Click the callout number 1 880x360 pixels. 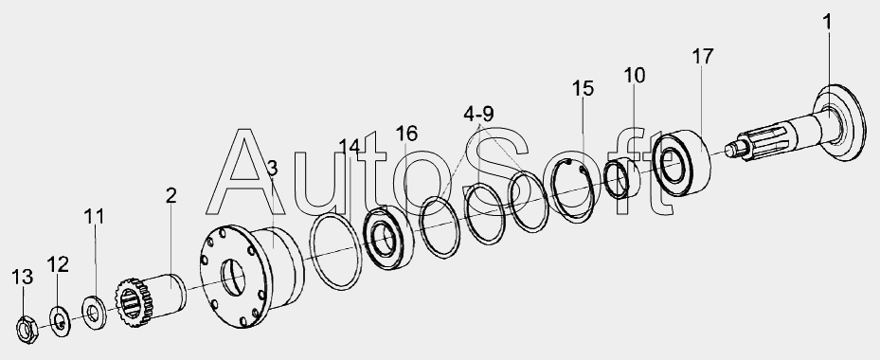[827, 23]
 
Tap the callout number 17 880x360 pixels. [702, 57]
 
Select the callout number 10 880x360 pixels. [634, 75]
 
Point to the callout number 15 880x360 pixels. [583, 89]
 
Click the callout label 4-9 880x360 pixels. [478, 114]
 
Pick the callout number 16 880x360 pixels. [406, 134]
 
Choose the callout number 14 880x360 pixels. [350, 148]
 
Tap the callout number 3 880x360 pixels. [272, 168]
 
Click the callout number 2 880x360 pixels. [171, 195]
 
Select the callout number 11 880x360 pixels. [95, 216]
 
